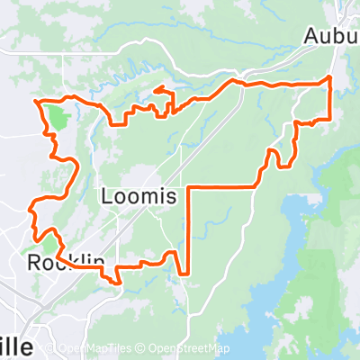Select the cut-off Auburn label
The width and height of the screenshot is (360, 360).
[331, 37]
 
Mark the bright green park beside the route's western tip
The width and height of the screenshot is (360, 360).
[56, 117]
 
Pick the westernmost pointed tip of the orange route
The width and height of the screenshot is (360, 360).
[35, 102]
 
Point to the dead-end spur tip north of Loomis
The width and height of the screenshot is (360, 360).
[156, 89]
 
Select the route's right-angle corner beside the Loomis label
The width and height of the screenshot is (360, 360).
[188, 188]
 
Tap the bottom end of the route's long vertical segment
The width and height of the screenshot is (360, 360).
[188, 273]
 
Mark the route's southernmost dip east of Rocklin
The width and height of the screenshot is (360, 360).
[118, 282]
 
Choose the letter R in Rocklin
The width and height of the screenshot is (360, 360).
[34, 263]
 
